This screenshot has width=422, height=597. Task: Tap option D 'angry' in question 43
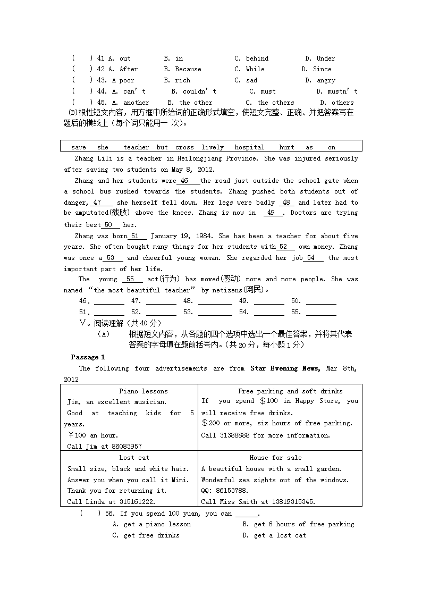pyautogui.click(x=320, y=80)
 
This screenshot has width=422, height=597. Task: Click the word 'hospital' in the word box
pyautogui.click(x=249, y=147)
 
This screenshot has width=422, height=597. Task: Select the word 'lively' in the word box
pyautogui.click(x=213, y=147)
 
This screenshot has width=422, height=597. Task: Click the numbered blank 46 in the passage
pyautogui.click(x=185, y=181)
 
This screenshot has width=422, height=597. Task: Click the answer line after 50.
pyautogui.click(x=321, y=302)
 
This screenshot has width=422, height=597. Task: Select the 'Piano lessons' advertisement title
pyautogui.click(x=143, y=391)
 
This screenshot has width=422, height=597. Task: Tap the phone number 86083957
pyautogui.click(x=126, y=447)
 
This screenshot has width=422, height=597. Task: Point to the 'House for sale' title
pyautogui.click(x=275, y=458)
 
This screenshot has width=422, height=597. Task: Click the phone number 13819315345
pyautogui.click(x=289, y=501)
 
